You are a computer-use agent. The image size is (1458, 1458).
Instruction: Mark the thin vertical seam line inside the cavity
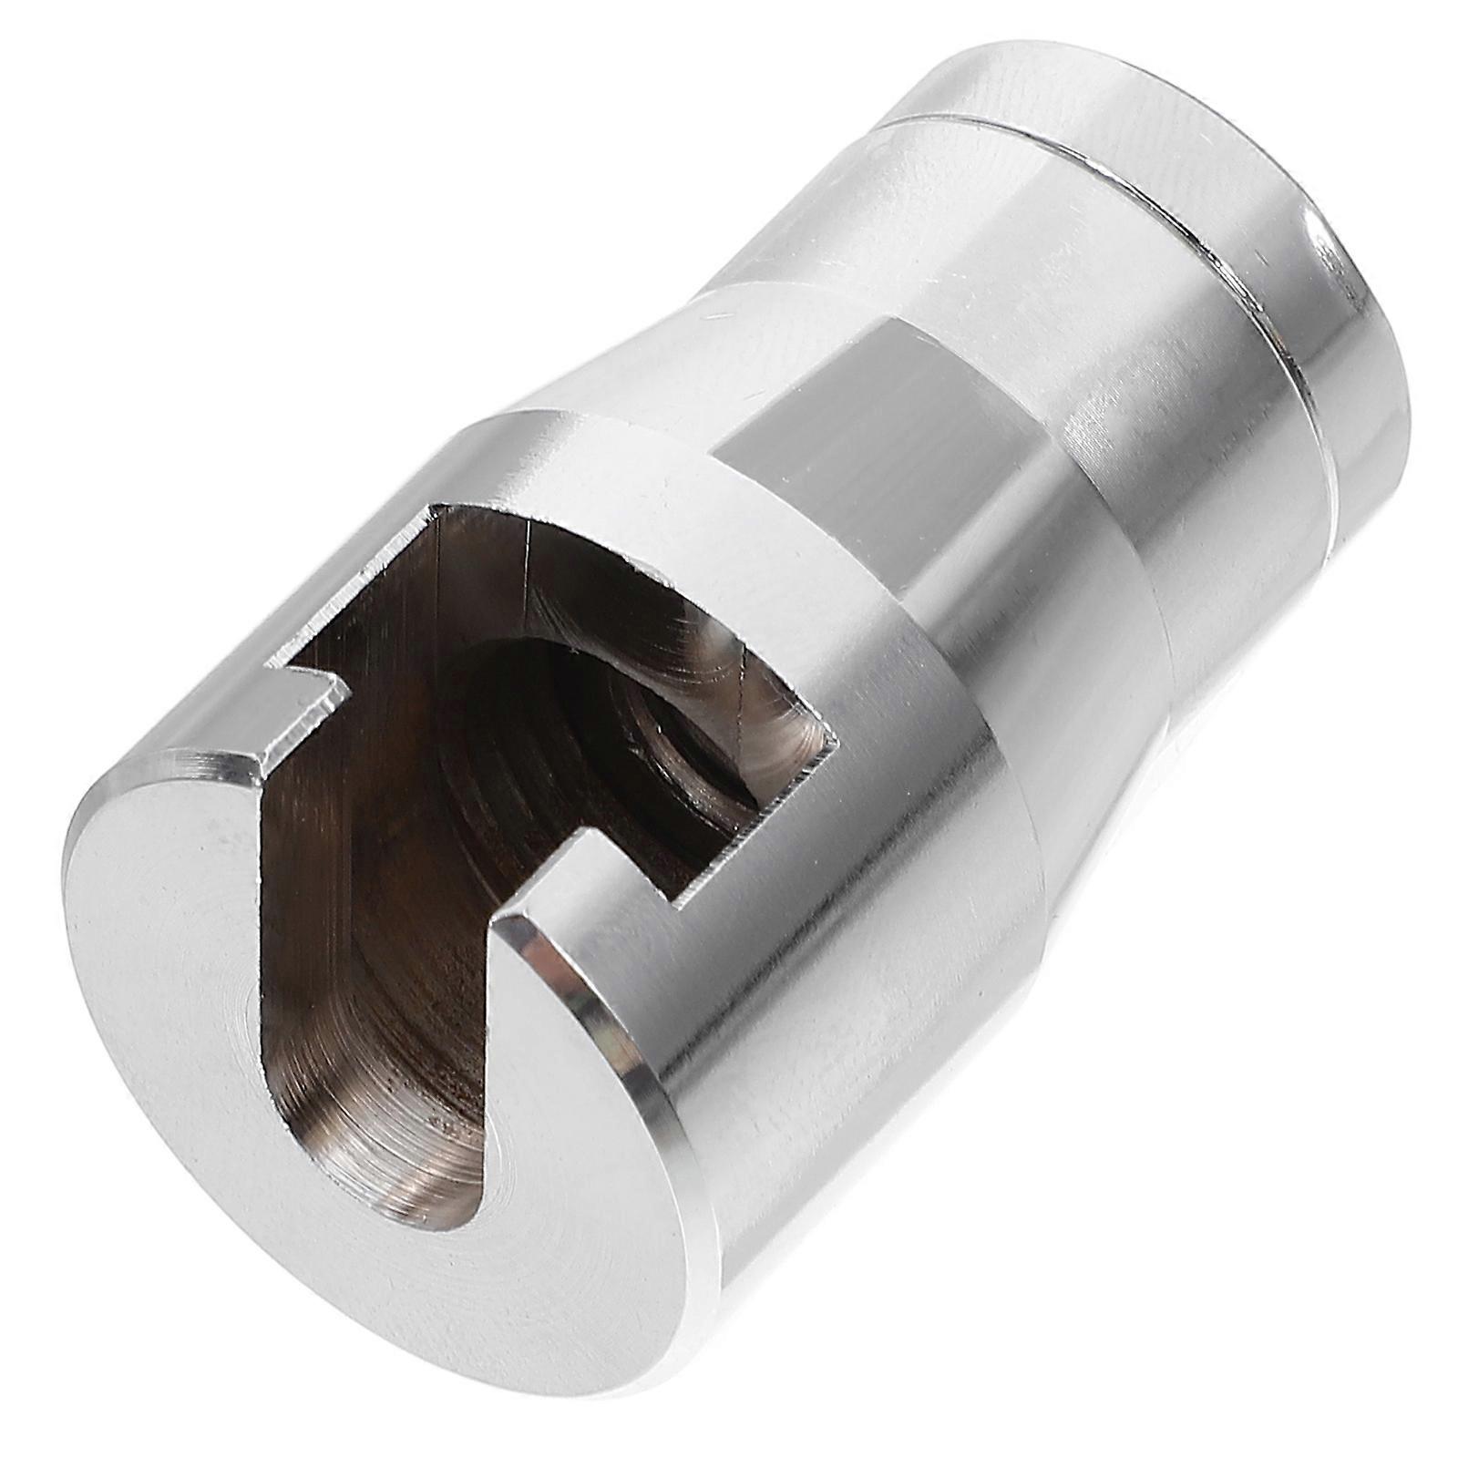tap(529, 565)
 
